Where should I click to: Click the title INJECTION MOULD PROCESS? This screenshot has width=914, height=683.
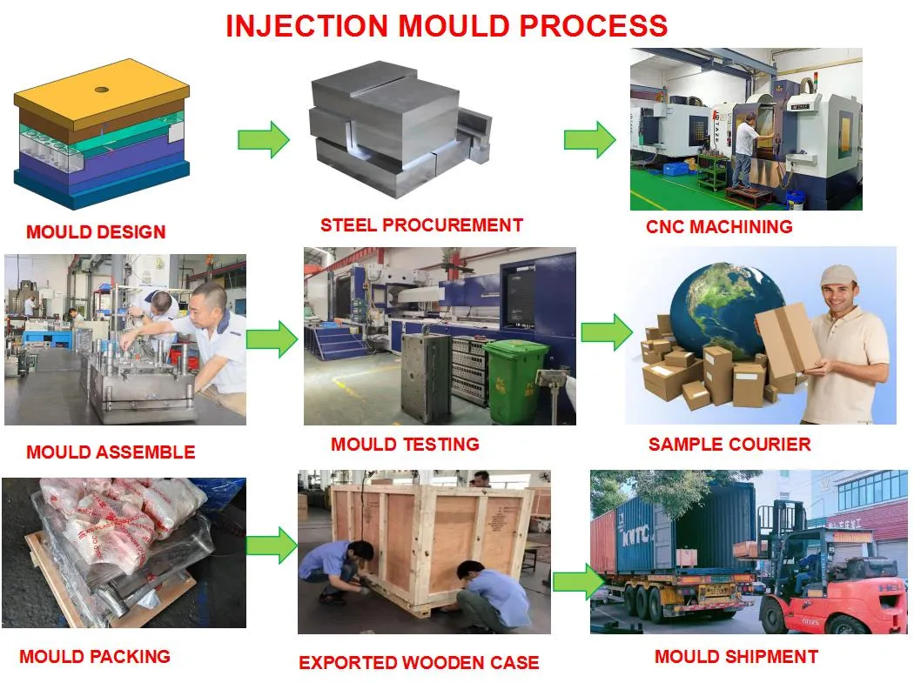click(x=447, y=25)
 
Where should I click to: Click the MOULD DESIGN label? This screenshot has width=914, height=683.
click(x=96, y=232)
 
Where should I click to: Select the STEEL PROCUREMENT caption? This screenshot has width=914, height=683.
click(x=421, y=225)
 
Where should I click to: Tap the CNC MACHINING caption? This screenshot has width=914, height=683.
click(x=719, y=227)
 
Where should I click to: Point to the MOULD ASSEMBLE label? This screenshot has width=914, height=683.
click(x=111, y=452)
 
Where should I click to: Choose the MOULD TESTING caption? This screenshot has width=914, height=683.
click(x=405, y=445)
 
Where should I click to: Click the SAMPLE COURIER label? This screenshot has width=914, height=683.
click(x=729, y=445)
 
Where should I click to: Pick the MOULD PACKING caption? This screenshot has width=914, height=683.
click(x=95, y=656)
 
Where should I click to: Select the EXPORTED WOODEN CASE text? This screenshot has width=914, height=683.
click(x=419, y=663)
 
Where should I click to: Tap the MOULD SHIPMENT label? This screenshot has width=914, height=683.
click(x=736, y=657)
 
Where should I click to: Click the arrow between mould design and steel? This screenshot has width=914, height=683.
click(x=264, y=139)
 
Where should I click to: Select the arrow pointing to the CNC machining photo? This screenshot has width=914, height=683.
click(x=589, y=139)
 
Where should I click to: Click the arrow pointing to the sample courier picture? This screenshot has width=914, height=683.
click(x=607, y=332)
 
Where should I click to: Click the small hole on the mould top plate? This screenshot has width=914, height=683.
click(x=102, y=89)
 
